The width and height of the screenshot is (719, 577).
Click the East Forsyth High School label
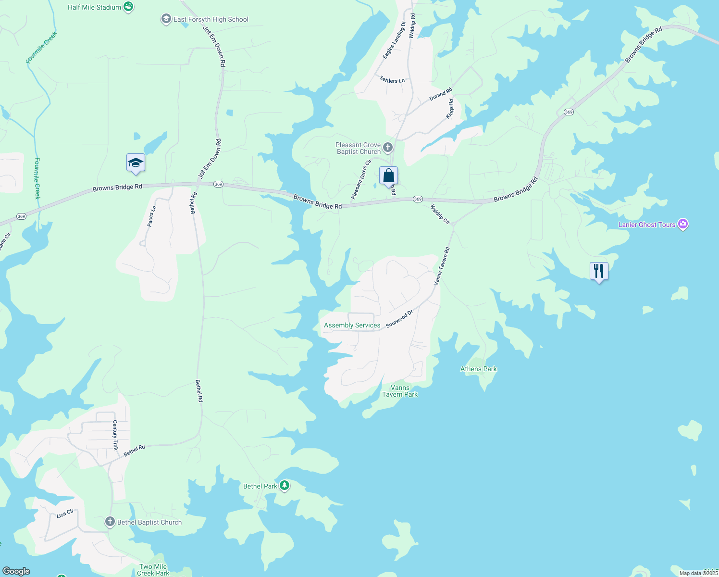pos(211,20)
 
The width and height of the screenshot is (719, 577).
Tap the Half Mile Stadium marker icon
pos(128,7)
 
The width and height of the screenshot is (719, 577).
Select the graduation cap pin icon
pos(136,163)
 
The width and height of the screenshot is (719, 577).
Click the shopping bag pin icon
pos(388,176)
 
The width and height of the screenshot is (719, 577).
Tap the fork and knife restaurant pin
pos(599,271)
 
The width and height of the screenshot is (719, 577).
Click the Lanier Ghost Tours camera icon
pos(683,224)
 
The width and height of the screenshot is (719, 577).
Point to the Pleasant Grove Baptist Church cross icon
pos(388,148)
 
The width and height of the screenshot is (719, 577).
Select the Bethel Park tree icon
pos(285,486)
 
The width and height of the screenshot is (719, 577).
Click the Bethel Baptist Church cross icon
pos(110,522)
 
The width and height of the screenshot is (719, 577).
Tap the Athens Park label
pos(479,369)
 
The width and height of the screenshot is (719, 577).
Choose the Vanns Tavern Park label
pos(400,391)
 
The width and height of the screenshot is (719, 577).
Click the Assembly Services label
pos(352,326)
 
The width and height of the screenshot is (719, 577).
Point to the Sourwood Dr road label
pos(399,319)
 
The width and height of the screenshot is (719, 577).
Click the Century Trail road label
pos(115,435)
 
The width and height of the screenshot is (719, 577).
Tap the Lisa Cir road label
pos(65,514)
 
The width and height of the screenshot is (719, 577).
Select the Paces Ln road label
pos(152,216)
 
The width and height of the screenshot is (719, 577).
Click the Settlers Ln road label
pos(392,80)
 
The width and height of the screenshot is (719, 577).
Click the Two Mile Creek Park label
pos(153,570)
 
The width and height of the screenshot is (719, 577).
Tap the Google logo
pos(16,571)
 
